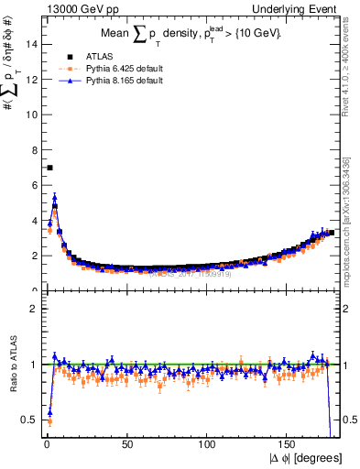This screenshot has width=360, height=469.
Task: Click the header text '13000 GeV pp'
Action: click(74, 8)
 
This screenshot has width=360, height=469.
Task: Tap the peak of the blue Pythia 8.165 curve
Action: click(54, 196)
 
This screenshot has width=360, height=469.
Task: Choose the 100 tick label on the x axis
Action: click(207, 445)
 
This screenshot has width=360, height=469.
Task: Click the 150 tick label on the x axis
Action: click(288, 445)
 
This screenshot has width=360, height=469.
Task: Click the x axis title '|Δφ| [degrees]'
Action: click(305, 459)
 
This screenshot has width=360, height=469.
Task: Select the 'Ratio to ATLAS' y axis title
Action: click(12, 366)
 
